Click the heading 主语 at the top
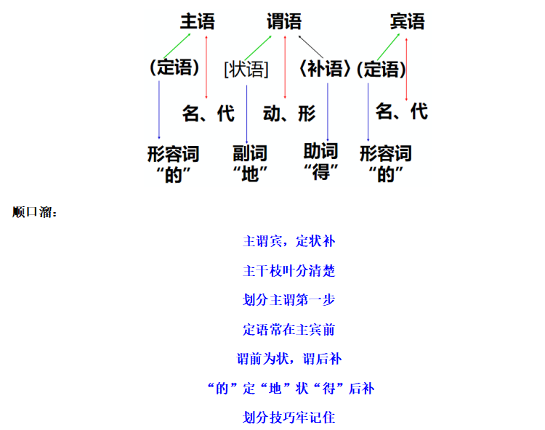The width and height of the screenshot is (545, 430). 198,21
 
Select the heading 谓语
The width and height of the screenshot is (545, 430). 284,21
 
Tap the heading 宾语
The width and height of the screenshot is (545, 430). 407,21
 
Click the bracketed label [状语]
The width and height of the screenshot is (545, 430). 246,69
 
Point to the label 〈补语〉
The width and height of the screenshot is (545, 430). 324,68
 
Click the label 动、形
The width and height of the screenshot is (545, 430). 289,113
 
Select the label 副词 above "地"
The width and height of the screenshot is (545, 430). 250,153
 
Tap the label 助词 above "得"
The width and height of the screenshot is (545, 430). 320,151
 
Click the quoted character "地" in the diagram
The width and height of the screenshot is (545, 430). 250,174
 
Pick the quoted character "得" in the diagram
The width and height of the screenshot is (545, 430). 320,172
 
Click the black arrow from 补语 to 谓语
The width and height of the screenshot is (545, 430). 311,46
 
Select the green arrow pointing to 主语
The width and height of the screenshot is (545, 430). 177,46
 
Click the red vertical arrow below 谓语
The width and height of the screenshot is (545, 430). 285,67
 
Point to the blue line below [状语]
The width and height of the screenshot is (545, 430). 247,114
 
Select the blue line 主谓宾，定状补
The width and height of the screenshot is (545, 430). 288,241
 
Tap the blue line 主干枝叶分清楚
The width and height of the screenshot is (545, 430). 288,271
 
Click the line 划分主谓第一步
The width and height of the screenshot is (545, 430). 288,300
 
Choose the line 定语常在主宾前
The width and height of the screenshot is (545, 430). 288,329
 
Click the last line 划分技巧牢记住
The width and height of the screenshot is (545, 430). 288,417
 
